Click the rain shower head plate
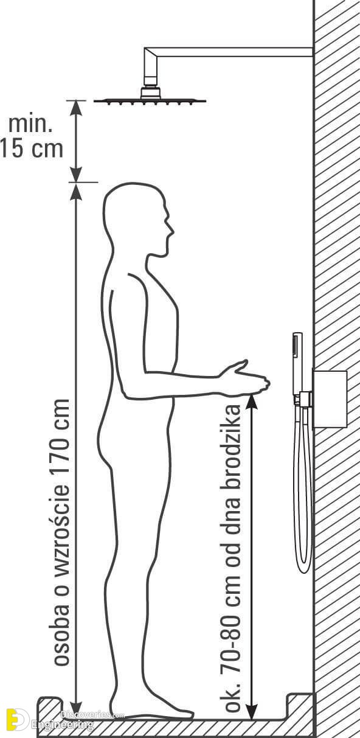pyautogui.click(x=150, y=101)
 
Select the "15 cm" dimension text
pyautogui.click(x=32, y=148)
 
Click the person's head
pyautogui.click(x=137, y=218)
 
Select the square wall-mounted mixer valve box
pyautogui.click(x=330, y=399)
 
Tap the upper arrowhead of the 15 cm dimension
pyautogui.click(x=76, y=107)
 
